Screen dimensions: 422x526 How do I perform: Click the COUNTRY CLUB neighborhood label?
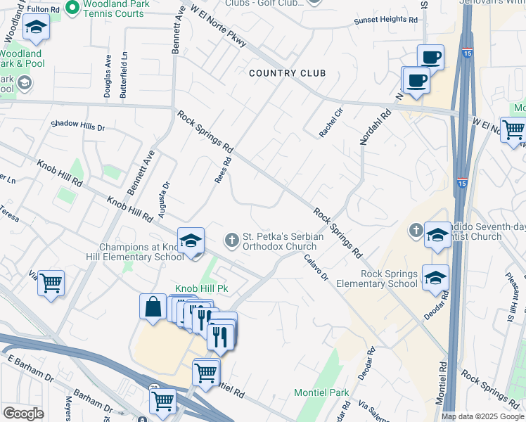287,73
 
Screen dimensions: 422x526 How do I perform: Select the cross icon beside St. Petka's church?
231,241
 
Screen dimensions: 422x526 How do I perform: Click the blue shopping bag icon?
153,307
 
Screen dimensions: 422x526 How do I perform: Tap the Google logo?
23,414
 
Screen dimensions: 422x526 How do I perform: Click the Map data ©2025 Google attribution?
482,416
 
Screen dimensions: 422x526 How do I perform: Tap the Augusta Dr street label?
167,195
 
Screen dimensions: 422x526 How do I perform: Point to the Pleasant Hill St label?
514,295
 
